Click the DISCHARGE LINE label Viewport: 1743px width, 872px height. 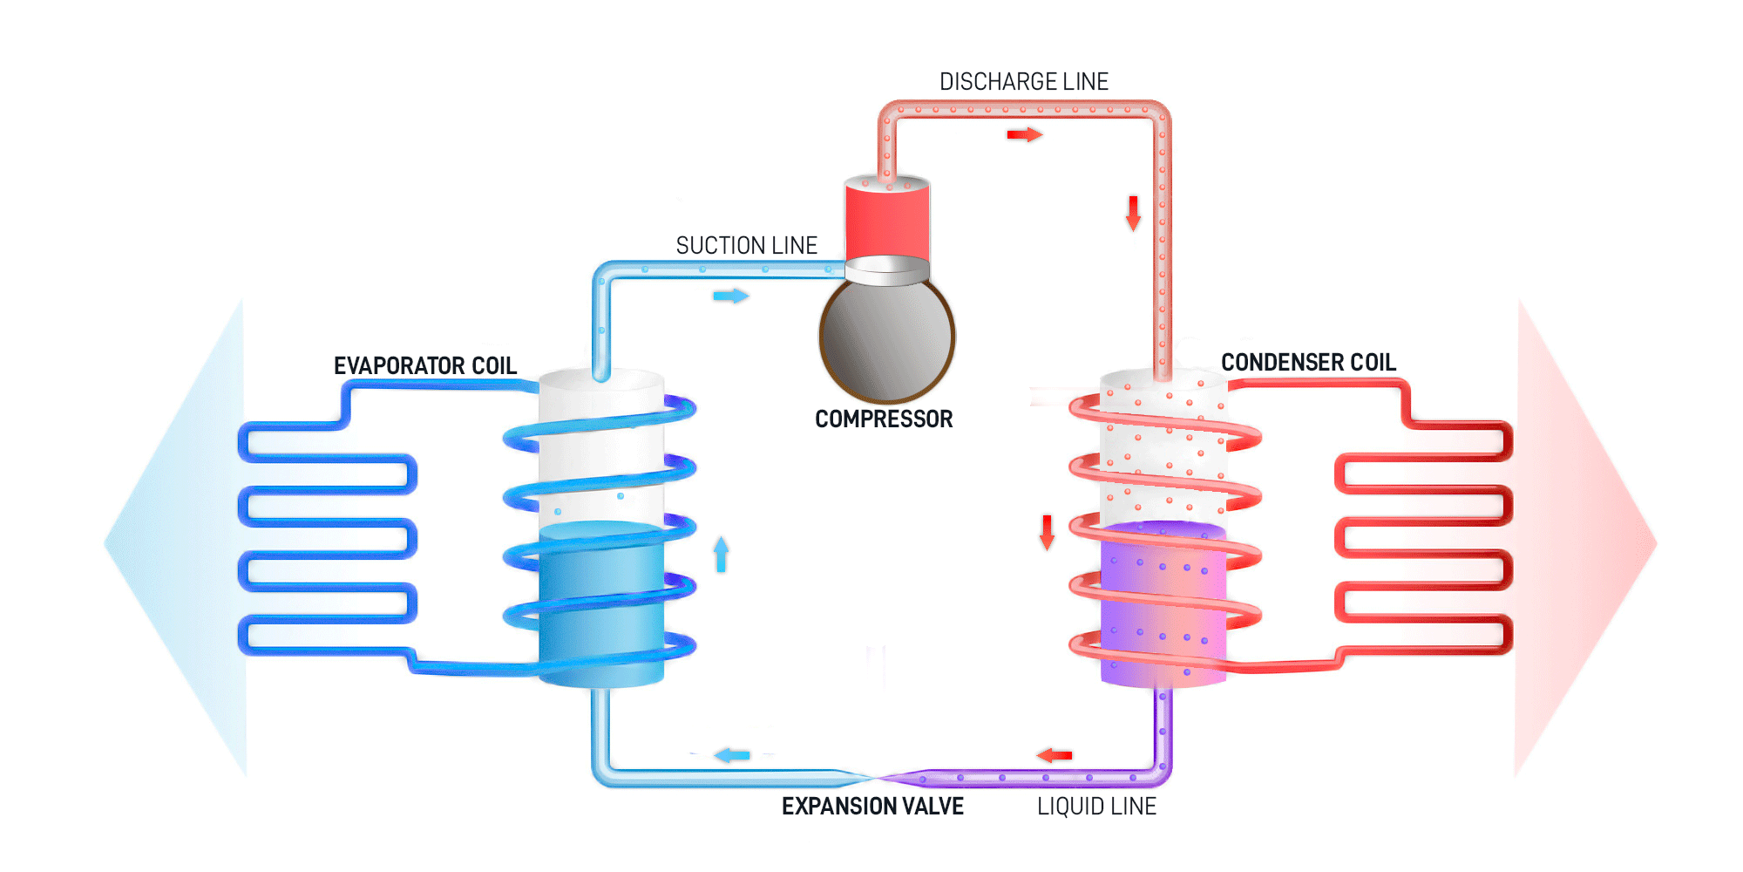1024,82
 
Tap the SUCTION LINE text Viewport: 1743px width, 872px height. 747,246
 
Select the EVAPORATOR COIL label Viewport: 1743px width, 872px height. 425,365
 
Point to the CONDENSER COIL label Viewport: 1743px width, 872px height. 1308,362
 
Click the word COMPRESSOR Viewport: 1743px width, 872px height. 884,419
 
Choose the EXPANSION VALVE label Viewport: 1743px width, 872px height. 872,807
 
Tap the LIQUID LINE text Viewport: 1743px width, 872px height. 1096,807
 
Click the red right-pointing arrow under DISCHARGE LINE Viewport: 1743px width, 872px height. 1025,134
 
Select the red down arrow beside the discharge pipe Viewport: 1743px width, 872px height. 1133,214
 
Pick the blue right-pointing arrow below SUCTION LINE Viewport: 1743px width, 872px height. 731,296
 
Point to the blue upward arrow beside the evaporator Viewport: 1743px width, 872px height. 721,555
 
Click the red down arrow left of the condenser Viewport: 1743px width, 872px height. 1048,532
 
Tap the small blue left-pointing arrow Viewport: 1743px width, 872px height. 732,755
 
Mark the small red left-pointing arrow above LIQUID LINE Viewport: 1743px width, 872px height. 1055,755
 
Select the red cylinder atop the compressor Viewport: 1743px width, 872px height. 887,220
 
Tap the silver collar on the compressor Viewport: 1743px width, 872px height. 887,270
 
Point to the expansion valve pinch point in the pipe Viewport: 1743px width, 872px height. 873,776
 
